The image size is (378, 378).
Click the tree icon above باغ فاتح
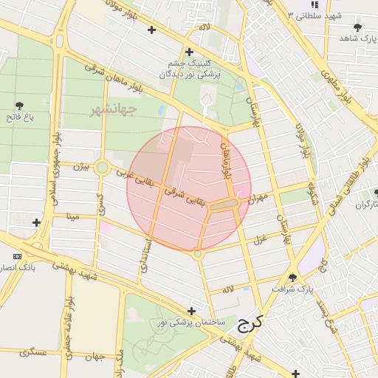[19, 106]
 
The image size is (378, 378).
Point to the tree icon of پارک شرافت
[292, 278]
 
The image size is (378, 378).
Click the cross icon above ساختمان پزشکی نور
[192, 311]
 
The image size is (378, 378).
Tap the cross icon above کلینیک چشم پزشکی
[190, 52]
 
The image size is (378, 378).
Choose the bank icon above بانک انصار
[17, 256]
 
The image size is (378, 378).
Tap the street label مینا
[72, 216]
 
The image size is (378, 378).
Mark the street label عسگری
[34, 353]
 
